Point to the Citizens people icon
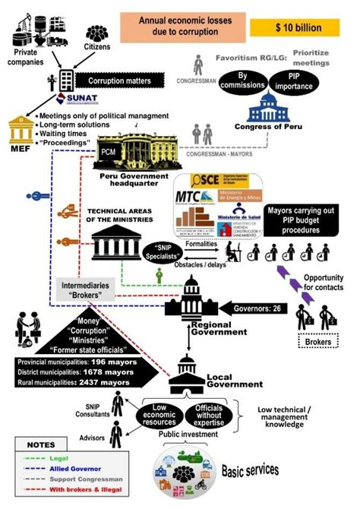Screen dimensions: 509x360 point(96,35)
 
